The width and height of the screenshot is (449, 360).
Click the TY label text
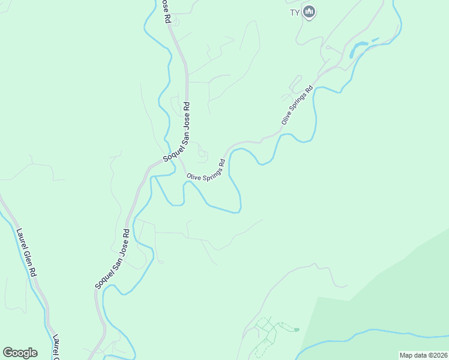[295, 11]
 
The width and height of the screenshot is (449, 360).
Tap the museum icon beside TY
[309, 11]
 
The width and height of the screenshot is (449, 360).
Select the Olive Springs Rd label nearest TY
[298, 106]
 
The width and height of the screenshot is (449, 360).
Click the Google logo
[20, 353]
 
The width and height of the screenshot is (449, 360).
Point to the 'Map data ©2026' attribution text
[423, 355]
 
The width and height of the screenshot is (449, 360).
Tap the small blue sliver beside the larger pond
[375, 40]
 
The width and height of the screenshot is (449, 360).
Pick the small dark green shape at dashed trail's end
[296, 330]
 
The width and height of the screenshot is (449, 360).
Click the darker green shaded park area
[390, 294]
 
